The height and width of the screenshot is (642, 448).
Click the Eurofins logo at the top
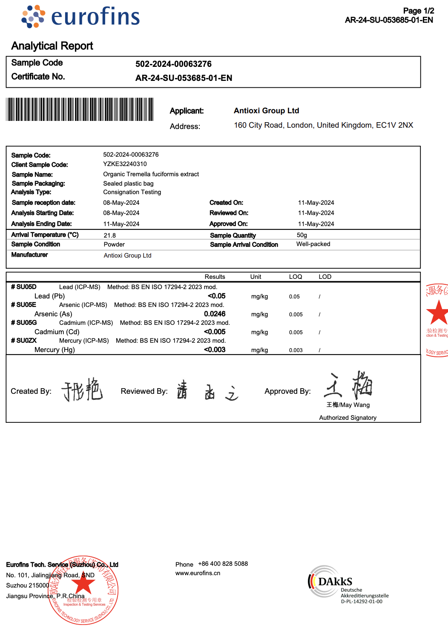click(x=81, y=17)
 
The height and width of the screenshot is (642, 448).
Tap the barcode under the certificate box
click(x=80, y=109)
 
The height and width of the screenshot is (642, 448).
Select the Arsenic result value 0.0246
click(x=215, y=314)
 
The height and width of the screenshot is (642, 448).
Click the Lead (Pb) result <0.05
click(x=216, y=296)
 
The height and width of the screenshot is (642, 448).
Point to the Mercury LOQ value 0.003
click(x=296, y=350)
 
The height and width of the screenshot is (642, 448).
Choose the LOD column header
click(x=325, y=277)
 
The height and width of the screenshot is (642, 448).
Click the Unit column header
click(x=256, y=277)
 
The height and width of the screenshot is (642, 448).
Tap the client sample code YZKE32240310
click(x=125, y=164)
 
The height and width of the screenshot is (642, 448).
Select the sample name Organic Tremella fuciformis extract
click(x=151, y=174)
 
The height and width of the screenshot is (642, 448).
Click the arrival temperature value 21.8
click(x=109, y=235)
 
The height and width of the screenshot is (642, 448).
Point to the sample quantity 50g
click(x=302, y=235)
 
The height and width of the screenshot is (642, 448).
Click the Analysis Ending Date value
click(x=121, y=224)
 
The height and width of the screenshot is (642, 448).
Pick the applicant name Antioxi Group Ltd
click(x=266, y=111)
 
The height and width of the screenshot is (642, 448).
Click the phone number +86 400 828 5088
click(x=223, y=564)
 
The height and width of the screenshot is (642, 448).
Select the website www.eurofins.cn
click(x=198, y=573)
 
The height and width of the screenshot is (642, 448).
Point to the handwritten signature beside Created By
click(x=82, y=390)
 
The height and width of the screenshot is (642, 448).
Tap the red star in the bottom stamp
click(x=83, y=584)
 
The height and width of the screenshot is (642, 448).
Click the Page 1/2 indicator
click(x=418, y=11)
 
